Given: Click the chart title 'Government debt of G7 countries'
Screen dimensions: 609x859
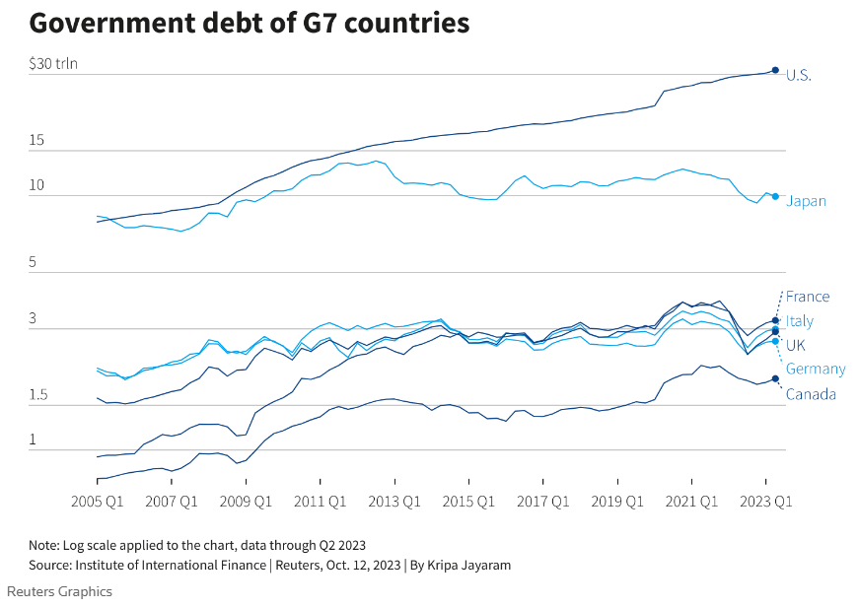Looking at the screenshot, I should click(249, 23).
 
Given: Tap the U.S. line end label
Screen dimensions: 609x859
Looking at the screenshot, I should click(799, 75).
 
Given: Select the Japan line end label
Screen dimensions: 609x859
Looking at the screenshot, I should click(806, 201).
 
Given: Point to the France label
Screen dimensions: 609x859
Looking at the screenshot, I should click(808, 297).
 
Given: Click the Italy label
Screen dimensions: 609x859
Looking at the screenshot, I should click(800, 321).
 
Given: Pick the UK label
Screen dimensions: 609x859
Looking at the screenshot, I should click(796, 346).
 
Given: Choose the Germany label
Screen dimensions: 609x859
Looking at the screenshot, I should click(816, 370).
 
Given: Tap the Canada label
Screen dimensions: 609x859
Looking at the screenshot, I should click(811, 395).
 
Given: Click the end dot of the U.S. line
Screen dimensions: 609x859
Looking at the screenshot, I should click(775, 70).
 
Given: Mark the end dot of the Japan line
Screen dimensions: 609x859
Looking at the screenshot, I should click(775, 197).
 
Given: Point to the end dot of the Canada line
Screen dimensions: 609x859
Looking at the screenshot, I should click(775, 379).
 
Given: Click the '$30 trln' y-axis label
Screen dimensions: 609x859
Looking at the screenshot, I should click(53, 64).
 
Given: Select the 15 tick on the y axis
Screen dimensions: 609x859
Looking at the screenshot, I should click(37, 141).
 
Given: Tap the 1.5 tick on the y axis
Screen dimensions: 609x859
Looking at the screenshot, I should click(38, 395).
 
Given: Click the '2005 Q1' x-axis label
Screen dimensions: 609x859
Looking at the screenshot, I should click(97, 501).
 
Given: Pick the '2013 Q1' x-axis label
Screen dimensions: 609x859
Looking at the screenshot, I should click(394, 501).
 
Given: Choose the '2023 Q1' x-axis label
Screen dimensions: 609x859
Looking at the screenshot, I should click(766, 501).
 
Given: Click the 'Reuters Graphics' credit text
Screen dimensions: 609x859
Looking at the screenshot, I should click(59, 591).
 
